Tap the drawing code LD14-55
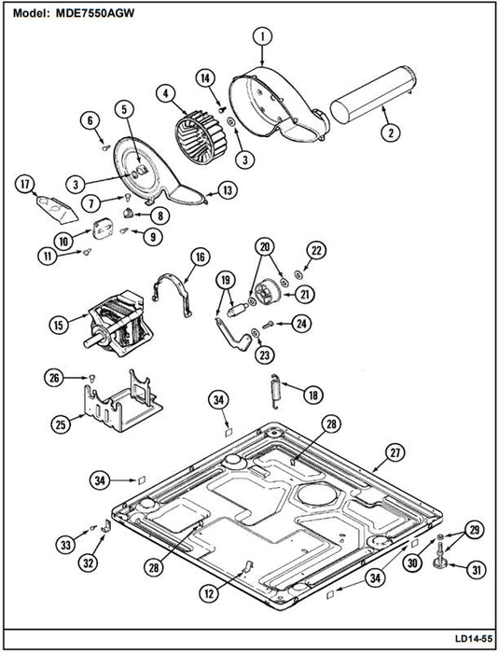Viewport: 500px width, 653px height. (473, 638)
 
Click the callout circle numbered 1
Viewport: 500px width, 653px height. (263, 37)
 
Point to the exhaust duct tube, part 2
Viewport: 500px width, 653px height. (372, 94)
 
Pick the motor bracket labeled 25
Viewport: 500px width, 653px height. (123, 402)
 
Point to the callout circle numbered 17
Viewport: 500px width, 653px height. (25, 185)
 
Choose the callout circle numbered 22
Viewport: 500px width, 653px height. (316, 251)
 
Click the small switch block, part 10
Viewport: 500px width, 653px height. (101, 229)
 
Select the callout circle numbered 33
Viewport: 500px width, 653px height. (66, 545)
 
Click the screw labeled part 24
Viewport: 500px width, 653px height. (268, 324)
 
